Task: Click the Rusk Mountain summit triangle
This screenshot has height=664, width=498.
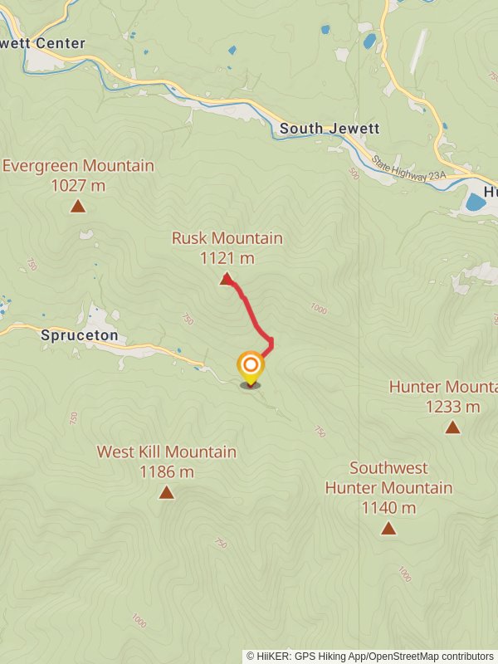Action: [226, 279]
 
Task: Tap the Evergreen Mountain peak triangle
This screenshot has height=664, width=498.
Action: [78, 206]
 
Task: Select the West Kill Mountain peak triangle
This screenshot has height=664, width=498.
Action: [166, 492]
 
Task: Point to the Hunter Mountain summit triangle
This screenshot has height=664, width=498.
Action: [452, 427]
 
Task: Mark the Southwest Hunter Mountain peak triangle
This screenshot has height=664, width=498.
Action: [388, 527]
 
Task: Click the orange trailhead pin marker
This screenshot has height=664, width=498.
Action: [250, 366]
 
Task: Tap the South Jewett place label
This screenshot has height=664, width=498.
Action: [330, 129]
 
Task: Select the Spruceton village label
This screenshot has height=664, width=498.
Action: [79, 336]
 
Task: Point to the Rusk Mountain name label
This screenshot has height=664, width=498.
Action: [227, 238]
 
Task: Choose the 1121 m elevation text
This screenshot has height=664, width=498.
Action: [227, 258]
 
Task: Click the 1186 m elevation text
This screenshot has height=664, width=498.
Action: [167, 471]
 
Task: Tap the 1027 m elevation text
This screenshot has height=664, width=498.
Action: [78, 185]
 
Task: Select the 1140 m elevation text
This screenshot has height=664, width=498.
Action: [388, 507]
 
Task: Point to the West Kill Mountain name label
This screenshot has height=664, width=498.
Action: [166, 452]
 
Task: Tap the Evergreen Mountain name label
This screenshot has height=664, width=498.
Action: [78, 165]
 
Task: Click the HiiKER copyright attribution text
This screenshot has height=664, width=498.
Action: [369, 657]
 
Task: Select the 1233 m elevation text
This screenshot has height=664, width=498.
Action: [452, 407]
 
